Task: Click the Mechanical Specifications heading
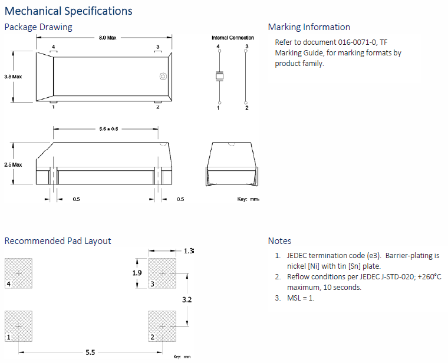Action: pyautogui.click(x=68, y=11)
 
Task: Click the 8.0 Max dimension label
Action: pyautogui.click(x=107, y=38)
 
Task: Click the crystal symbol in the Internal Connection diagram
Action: pyautogui.click(x=219, y=75)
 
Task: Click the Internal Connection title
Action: pyautogui.click(x=233, y=38)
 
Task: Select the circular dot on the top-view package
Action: pyautogui.click(x=163, y=77)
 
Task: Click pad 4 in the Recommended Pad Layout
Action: pyautogui.click(x=18, y=273)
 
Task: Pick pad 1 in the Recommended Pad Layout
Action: pyautogui.click(x=18, y=326)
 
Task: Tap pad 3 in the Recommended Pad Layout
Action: pyautogui.click(x=163, y=273)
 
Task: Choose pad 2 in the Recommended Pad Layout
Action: pyautogui.click(x=163, y=326)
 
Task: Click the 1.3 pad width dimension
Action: pyautogui.click(x=189, y=250)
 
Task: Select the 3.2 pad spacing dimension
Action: pyautogui.click(x=187, y=299)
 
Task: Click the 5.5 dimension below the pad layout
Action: pyautogui.click(x=90, y=352)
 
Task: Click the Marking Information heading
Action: pyautogui.click(x=309, y=27)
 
